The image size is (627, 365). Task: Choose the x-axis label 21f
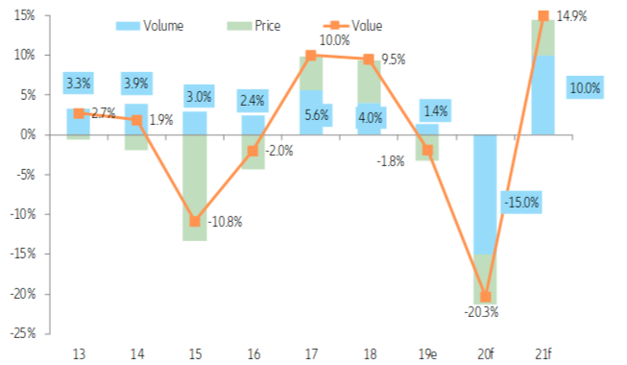pos(543,354)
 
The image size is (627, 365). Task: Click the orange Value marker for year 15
pos(195,221)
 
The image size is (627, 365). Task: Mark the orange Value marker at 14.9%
pos(543,16)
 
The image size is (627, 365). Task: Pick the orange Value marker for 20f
pos(485,296)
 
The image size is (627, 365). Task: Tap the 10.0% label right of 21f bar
pos(584,88)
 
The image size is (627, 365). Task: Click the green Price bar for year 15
pos(195,187)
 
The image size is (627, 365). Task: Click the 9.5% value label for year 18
pos(395,60)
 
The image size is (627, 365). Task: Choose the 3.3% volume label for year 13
pos(79,84)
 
